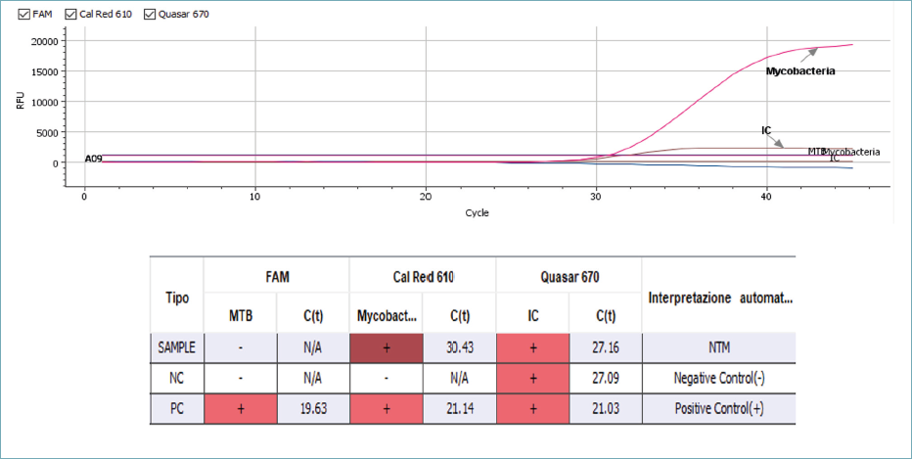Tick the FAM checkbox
23,15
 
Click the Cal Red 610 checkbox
69,15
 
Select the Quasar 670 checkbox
150,15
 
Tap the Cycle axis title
477,212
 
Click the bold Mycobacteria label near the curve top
799,70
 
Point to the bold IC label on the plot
767,130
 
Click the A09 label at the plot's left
93,159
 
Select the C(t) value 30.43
460,347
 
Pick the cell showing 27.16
605,347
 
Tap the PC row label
176,409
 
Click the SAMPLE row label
176,347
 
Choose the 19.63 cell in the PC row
313,409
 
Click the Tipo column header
176,298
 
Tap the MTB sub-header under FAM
240,316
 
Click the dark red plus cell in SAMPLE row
386,347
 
